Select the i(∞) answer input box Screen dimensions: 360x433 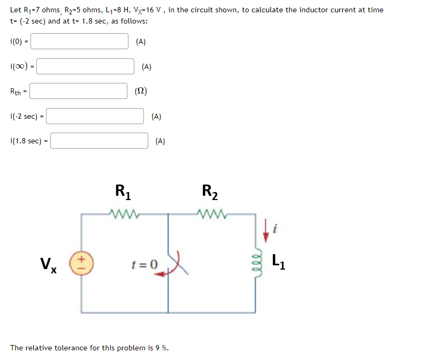click(x=85, y=66)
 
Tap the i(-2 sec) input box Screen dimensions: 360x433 click(x=96, y=116)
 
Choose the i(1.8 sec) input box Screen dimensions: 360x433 click(x=99, y=141)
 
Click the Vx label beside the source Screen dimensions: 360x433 click(x=49, y=264)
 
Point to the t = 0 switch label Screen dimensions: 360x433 click(x=145, y=264)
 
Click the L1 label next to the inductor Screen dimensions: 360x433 click(x=278, y=262)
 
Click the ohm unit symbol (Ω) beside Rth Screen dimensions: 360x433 click(x=141, y=91)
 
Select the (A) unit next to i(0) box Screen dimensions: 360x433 click(x=141, y=42)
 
